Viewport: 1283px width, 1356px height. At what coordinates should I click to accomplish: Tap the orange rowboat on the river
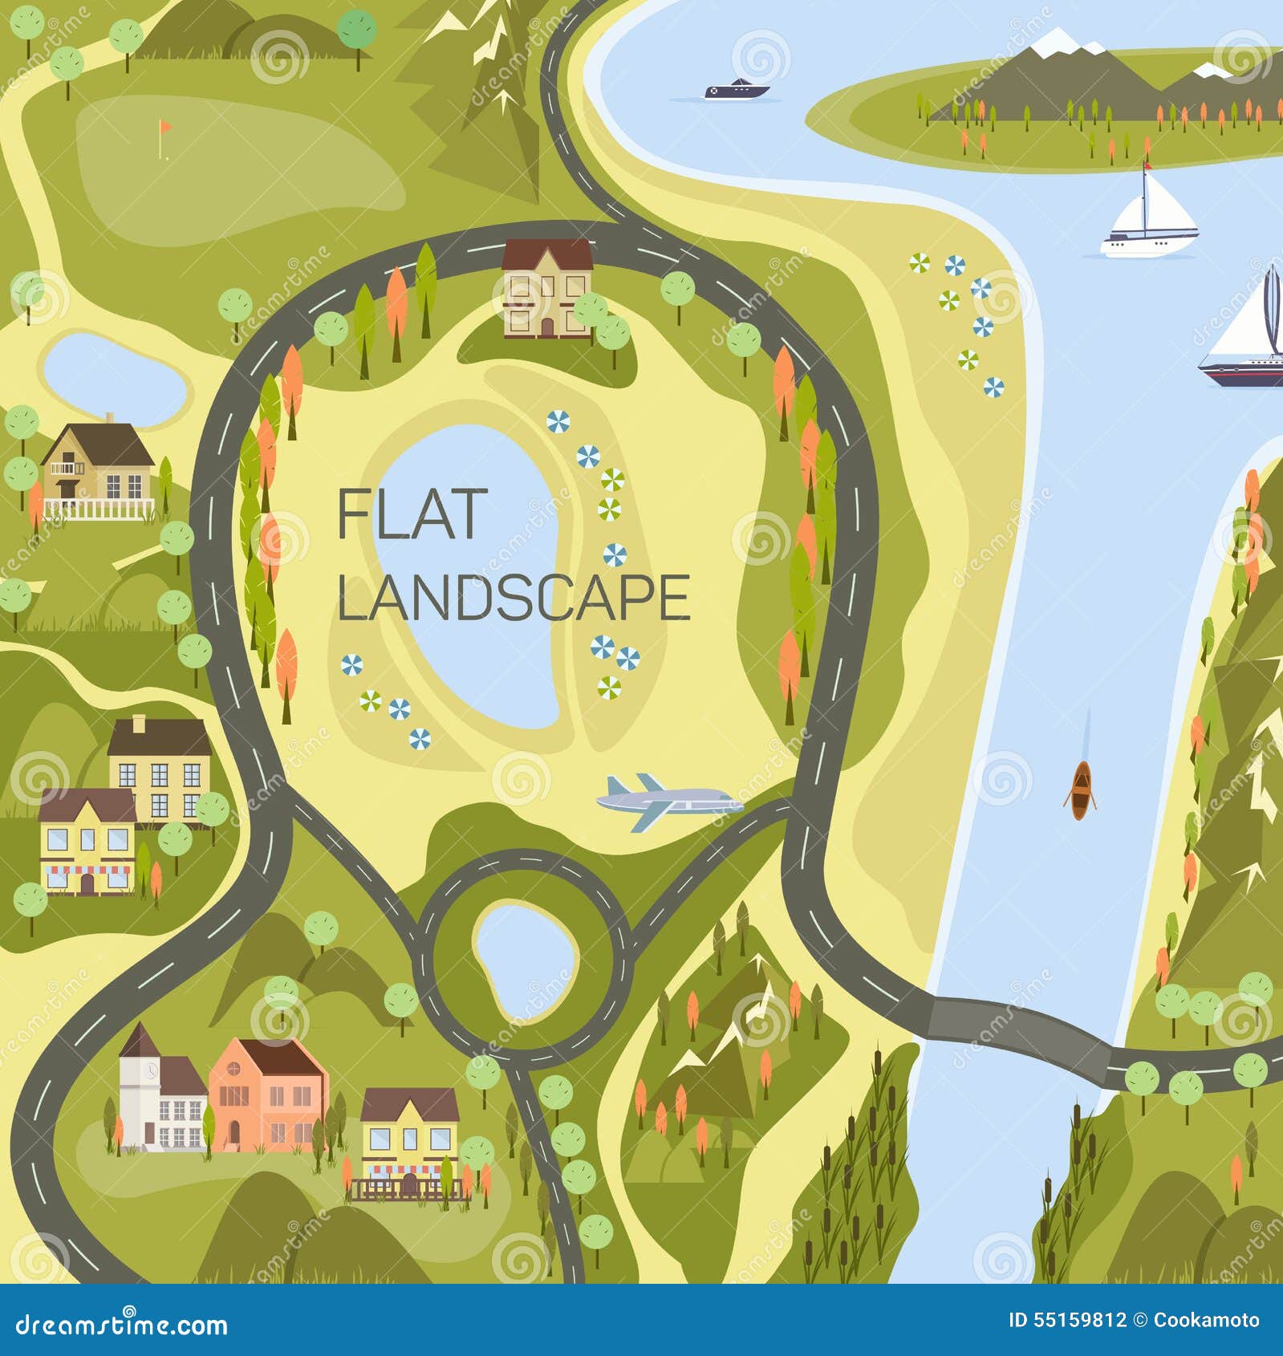(1081, 790)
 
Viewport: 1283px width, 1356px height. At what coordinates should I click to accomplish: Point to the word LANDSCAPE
(514, 598)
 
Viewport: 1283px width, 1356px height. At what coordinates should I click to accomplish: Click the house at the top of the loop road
(546, 286)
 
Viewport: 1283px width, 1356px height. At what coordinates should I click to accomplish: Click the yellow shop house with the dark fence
(408, 1140)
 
